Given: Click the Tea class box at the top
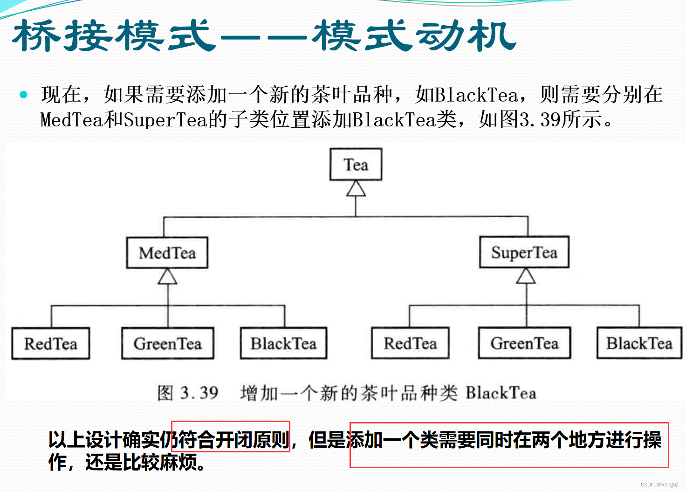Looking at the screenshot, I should pyautogui.click(x=356, y=165).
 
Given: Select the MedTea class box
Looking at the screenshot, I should pyautogui.click(x=167, y=253).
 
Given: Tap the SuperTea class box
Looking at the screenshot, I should pyautogui.click(x=524, y=252).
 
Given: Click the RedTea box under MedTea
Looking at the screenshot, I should pyautogui.click(x=50, y=344).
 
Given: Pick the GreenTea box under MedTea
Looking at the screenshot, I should pyautogui.click(x=167, y=344).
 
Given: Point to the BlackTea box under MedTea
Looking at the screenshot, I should pyautogui.click(x=283, y=344).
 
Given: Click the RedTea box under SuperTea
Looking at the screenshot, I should pyautogui.click(x=410, y=343).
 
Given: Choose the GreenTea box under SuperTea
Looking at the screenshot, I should pyautogui.click(x=524, y=343).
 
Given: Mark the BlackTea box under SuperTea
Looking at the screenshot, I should pyautogui.click(x=639, y=343).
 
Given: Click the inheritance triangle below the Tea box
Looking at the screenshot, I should pyautogui.click(x=356, y=189).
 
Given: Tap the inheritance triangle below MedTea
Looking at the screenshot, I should pyautogui.click(x=167, y=277).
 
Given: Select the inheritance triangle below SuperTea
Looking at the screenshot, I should pyautogui.click(x=526, y=276).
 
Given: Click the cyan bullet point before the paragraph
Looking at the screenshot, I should pyautogui.click(x=24, y=95).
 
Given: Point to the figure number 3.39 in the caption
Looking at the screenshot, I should pyautogui.click(x=199, y=393).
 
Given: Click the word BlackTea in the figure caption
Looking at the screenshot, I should pyautogui.click(x=501, y=393).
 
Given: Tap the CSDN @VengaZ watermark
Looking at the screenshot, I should pyautogui.click(x=659, y=485).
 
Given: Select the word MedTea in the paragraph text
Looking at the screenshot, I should pyautogui.click(x=71, y=120).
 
